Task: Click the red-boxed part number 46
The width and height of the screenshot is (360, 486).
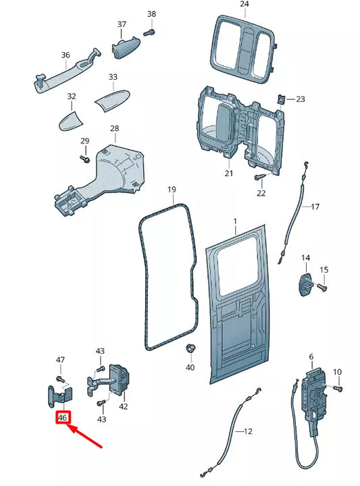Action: click(63, 418)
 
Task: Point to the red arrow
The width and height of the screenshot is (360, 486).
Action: click(86, 437)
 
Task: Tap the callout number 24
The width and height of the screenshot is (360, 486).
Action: click(244, 5)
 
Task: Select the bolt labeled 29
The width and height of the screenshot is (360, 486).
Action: click(85, 159)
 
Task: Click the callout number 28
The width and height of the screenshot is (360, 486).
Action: click(114, 128)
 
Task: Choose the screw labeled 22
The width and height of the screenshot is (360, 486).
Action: click(259, 178)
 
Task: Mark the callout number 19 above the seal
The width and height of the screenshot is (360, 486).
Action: click(172, 190)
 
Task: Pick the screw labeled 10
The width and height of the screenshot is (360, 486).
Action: click(338, 389)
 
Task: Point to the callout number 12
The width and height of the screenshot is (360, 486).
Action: click(247, 431)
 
